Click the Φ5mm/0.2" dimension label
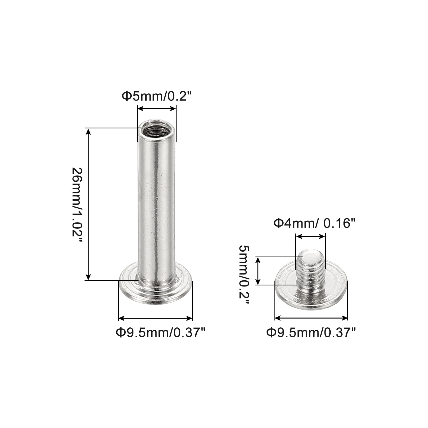click(x=157, y=96)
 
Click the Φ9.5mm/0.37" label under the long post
click(x=160, y=333)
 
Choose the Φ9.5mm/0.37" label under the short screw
click(x=311, y=333)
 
